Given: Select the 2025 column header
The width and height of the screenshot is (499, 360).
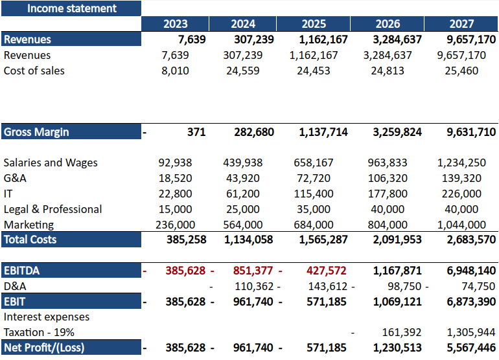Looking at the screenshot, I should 314,24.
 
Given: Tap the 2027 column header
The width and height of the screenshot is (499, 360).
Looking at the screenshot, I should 461,24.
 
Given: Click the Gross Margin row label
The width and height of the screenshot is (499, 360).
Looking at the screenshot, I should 36,132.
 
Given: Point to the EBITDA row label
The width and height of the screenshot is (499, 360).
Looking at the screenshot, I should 26,271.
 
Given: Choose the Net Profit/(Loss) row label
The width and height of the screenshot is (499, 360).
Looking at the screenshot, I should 44,348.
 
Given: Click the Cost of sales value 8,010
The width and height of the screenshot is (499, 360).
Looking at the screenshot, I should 175,71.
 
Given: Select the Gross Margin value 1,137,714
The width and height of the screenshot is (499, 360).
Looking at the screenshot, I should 323,132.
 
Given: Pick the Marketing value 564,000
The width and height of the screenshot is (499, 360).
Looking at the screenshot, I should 243,225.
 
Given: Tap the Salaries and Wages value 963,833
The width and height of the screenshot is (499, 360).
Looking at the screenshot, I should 386,163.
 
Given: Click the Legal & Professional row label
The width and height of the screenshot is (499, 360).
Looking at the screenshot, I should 52,209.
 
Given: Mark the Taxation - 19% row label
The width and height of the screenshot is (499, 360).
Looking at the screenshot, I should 39,332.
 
